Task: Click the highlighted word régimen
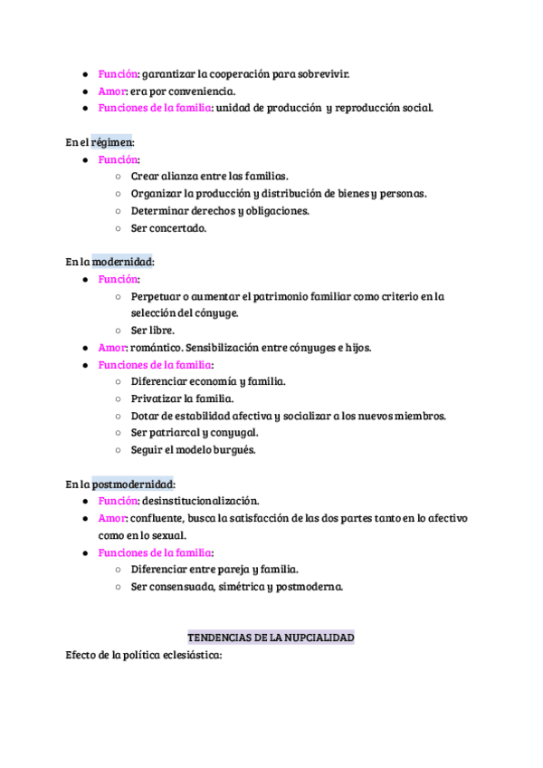coord(111,142)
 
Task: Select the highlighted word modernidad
coord(122,262)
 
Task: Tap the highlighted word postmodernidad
coord(134,484)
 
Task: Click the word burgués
coord(236,449)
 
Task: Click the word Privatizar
coord(157,398)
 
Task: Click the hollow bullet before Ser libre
coord(119,331)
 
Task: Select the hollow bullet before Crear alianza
coord(119,177)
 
